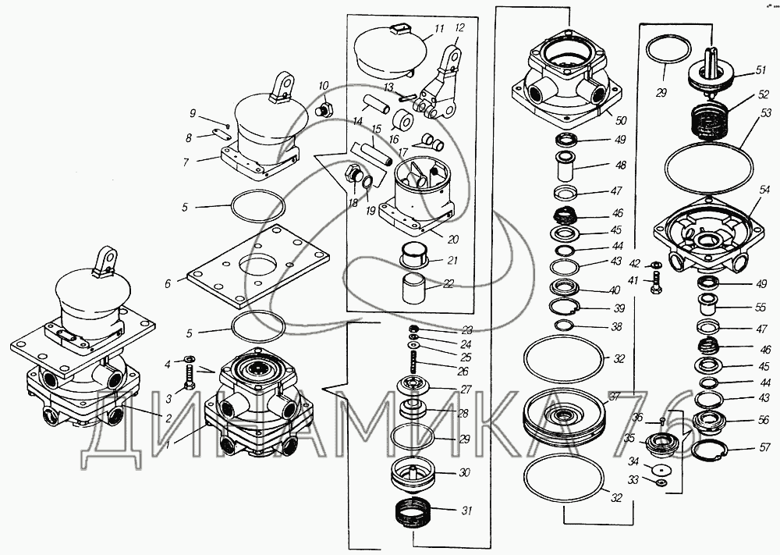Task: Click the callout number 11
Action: point(439,29)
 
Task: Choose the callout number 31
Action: point(466,511)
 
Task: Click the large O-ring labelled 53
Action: point(708,165)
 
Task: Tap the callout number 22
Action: point(448,284)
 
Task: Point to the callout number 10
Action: point(324,86)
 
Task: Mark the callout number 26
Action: point(464,372)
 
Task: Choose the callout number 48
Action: point(621,165)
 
